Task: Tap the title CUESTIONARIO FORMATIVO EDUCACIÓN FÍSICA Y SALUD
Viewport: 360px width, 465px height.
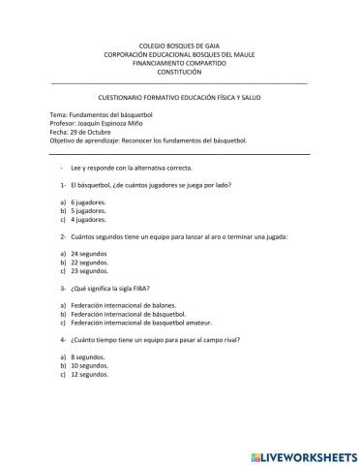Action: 179,100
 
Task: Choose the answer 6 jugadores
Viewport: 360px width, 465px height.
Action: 90,201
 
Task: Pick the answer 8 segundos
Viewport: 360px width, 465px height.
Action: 90,357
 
